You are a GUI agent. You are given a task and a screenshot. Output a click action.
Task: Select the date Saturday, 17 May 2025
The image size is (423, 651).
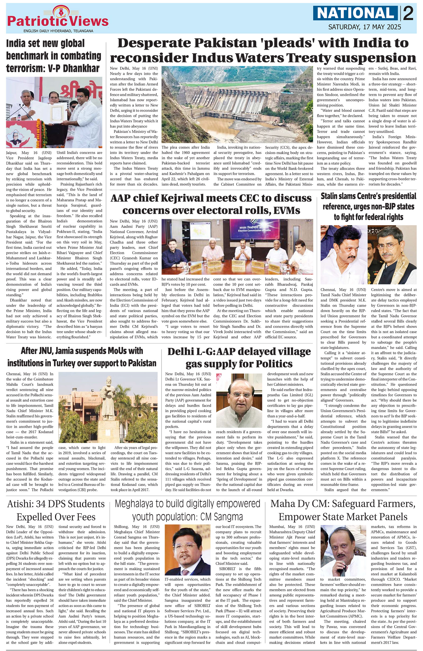pyautogui.click(x=365, y=27)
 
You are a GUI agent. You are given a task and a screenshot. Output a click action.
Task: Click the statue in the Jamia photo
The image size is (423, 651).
pyautogui.click(x=109, y=404)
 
